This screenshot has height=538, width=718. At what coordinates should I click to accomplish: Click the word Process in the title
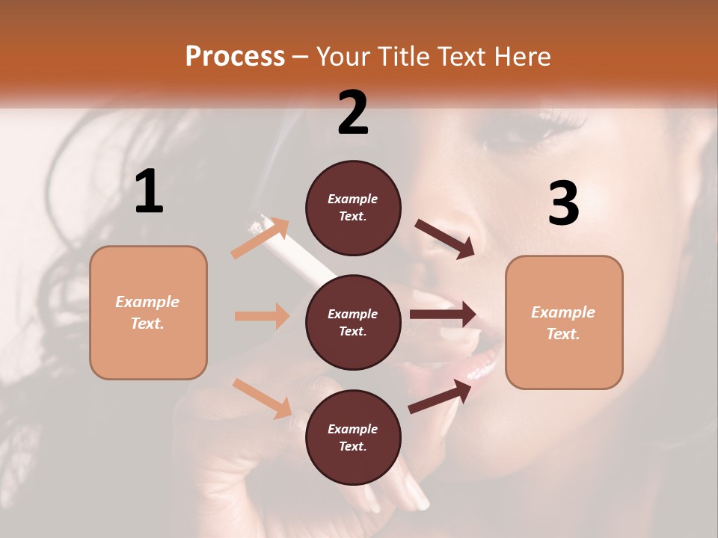pyautogui.click(x=235, y=57)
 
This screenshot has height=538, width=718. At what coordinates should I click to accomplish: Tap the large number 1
pyautogui.click(x=149, y=192)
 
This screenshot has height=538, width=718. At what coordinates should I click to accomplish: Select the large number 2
pyautogui.click(x=353, y=112)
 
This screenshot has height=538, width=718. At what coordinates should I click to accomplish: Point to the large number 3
pyautogui.click(x=563, y=204)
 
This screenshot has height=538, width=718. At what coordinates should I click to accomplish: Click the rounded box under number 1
pyautogui.click(x=148, y=312)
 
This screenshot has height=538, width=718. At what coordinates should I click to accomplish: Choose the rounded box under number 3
pyautogui.click(x=564, y=323)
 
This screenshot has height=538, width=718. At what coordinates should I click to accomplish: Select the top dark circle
pyautogui.click(x=353, y=208)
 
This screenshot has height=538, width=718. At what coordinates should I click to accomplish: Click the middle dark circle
pyautogui.click(x=353, y=322)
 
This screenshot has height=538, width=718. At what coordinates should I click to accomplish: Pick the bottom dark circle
pyautogui.click(x=353, y=437)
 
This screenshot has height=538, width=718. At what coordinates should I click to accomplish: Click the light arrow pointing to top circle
pyautogui.click(x=260, y=238)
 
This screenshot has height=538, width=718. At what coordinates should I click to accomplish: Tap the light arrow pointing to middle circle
pyautogui.click(x=262, y=316)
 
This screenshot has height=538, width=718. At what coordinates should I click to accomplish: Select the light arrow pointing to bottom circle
pyautogui.click(x=262, y=398)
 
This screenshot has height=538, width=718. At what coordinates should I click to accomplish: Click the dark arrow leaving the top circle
pyautogui.click(x=444, y=238)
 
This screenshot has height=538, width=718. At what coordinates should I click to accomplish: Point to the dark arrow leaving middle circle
pyautogui.click(x=443, y=315)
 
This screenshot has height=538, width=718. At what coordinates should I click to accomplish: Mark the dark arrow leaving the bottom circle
pyautogui.click(x=440, y=396)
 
